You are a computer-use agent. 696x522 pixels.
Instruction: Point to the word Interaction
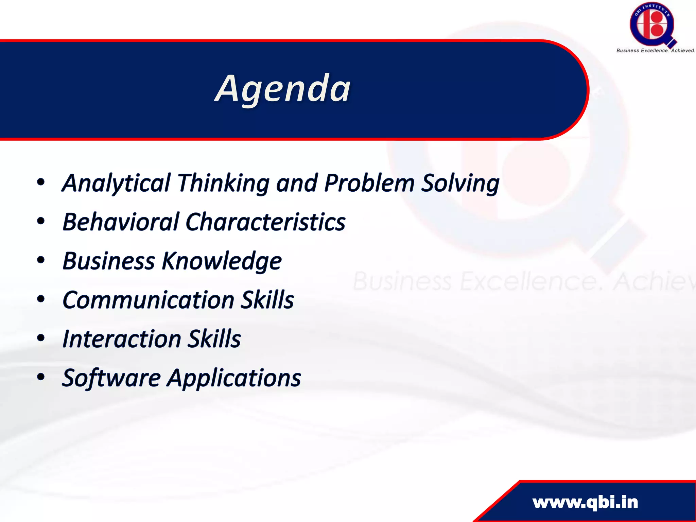(122, 339)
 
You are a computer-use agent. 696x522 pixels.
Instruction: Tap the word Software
(111, 378)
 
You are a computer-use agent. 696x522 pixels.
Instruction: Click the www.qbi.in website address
(585, 502)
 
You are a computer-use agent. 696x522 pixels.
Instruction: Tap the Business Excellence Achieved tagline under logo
(655, 50)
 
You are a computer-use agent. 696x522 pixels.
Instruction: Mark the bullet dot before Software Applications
(41, 377)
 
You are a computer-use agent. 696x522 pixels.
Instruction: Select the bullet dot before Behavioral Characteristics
(41, 221)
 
